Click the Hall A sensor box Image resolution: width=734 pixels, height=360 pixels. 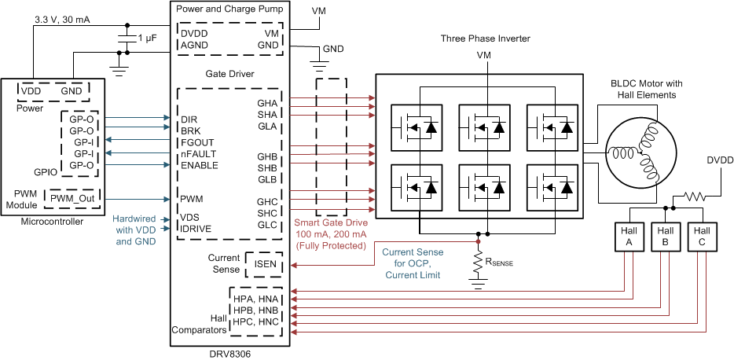(628, 237)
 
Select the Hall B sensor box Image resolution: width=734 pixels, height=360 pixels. (666, 237)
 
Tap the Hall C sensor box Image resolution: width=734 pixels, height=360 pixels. (702, 237)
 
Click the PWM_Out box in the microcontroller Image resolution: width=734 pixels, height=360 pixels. (72, 200)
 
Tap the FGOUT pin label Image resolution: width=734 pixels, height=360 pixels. (198, 142)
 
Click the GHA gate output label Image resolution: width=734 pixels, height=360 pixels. (267, 103)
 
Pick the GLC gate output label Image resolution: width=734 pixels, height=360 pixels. (267, 225)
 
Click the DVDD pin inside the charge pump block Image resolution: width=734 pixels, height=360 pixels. (194, 35)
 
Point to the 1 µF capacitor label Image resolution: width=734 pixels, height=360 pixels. (151, 39)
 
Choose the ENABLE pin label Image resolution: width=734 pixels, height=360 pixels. (200, 165)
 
